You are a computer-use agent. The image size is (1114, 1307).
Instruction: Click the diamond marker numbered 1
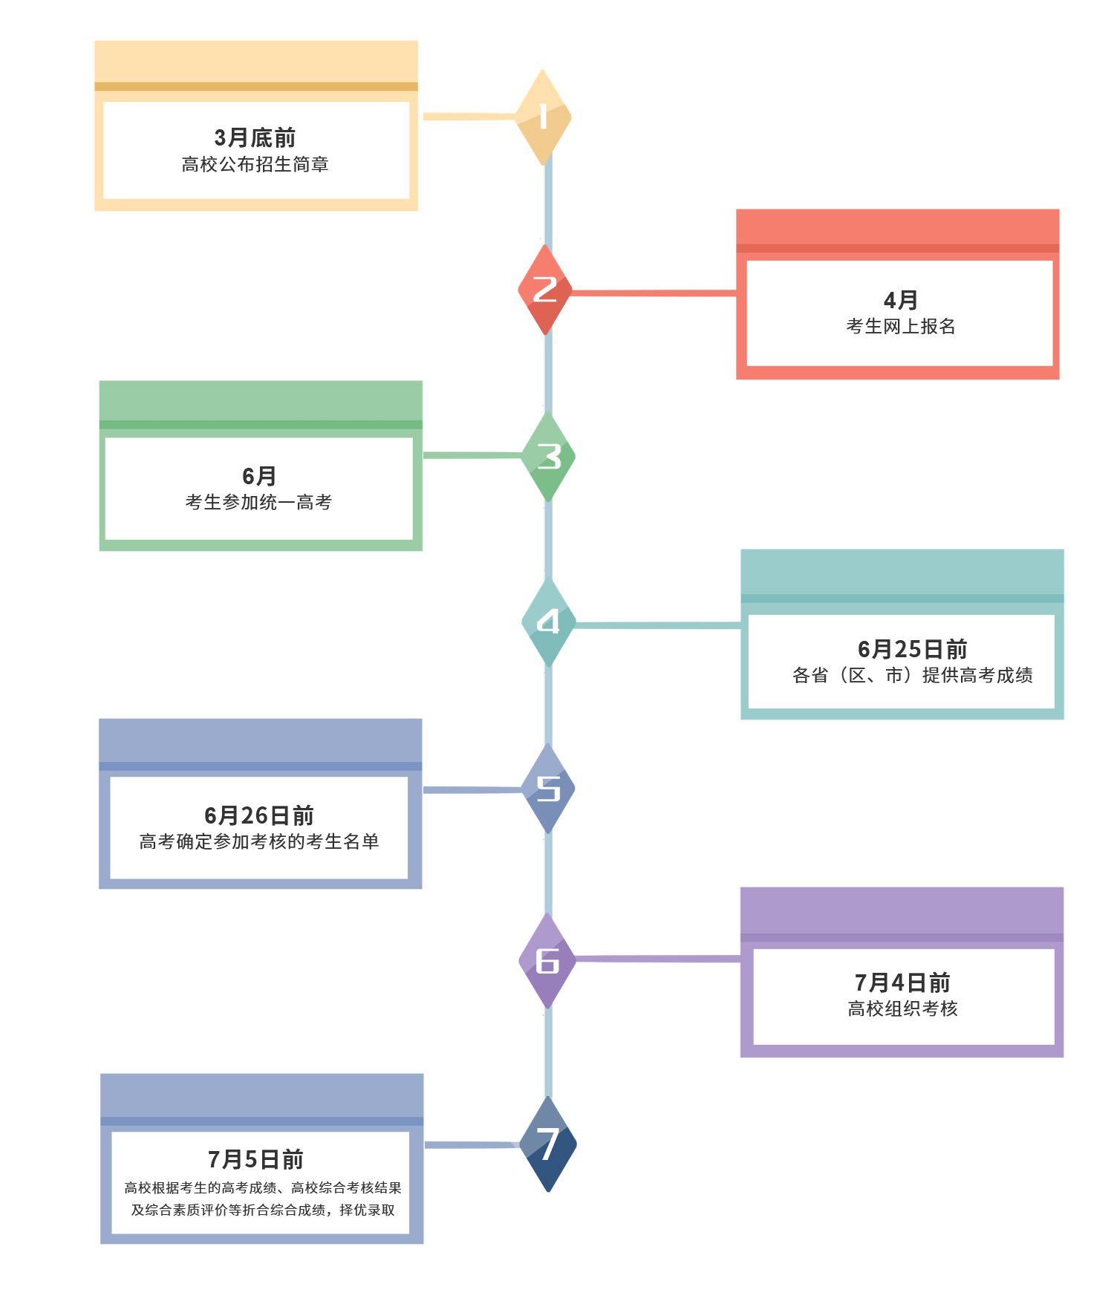point(544,117)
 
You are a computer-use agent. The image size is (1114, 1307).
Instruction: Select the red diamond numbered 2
point(545,290)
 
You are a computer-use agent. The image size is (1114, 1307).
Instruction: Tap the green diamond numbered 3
point(549,457)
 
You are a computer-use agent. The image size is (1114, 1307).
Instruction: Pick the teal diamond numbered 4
point(549,622)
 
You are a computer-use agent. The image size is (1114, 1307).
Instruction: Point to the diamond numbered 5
point(549,789)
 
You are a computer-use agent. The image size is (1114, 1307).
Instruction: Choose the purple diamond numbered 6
point(547,961)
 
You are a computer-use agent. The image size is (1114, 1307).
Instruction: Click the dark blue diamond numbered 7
point(548,1144)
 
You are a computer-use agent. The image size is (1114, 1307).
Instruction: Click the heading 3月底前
point(255,138)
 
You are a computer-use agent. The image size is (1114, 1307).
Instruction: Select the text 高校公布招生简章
point(255,164)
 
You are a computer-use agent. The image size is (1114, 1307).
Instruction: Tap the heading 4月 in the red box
point(900,300)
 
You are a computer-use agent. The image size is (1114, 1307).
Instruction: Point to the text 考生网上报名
point(900,326)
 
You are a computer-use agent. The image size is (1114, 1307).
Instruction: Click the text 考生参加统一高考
point(258,502)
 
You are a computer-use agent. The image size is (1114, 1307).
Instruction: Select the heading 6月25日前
point(912,649)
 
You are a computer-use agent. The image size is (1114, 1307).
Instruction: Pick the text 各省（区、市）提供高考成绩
point(912,675)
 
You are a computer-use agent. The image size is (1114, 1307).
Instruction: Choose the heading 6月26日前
point(258,815)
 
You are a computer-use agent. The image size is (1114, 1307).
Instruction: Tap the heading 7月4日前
point(902,982)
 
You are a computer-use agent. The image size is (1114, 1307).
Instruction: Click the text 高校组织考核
point(902,1008)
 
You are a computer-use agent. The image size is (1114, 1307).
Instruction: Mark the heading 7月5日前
point(255,1159)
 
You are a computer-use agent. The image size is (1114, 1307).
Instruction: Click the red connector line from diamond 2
point(654,293)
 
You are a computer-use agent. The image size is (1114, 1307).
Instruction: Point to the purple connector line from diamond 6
point(658,959)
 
